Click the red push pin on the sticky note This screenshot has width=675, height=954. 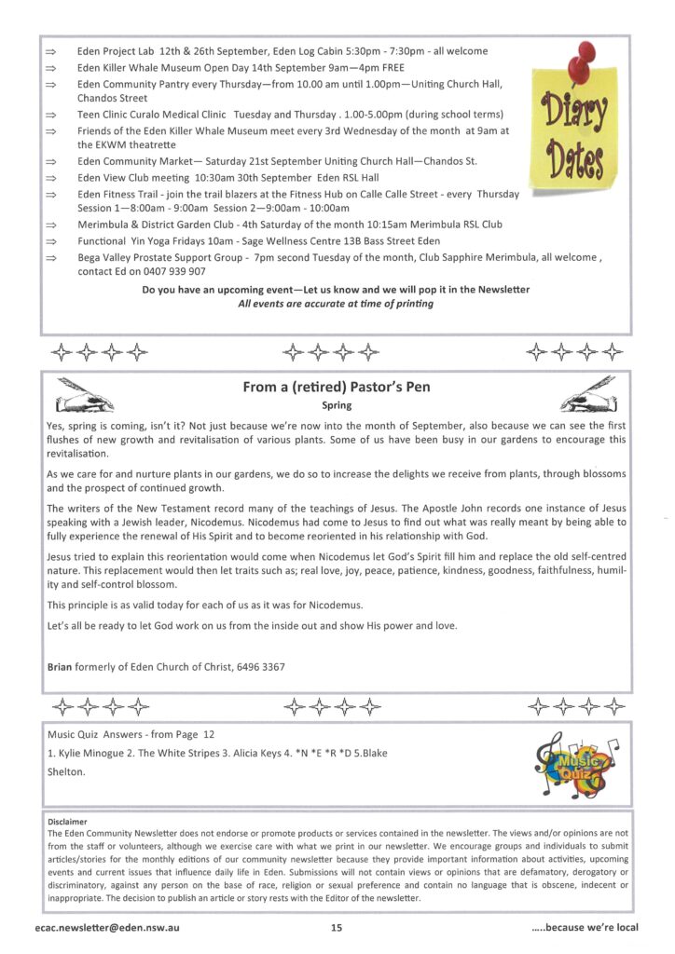pos(585,56)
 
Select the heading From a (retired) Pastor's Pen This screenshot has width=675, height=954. pos(336,387)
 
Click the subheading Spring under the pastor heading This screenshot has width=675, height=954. pos(336,405)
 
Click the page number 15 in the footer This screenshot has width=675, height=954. pos(337,927)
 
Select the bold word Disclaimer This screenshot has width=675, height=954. pos(67,822)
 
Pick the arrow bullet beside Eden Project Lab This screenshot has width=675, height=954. pos(52,51)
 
